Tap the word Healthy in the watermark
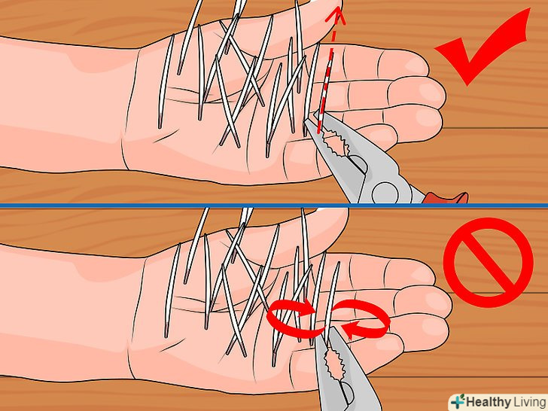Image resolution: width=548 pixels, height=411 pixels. [x=489, y=402]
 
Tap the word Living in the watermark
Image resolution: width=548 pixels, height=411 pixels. [x=529, y=402]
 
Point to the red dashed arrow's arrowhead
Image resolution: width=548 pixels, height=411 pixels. [x=336, y=17]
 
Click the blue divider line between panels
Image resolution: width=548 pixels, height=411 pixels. [x=274, y=205]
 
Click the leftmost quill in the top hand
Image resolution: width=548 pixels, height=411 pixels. [x=166, y=81]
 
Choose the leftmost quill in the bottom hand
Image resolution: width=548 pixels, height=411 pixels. [x=172, y=290]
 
